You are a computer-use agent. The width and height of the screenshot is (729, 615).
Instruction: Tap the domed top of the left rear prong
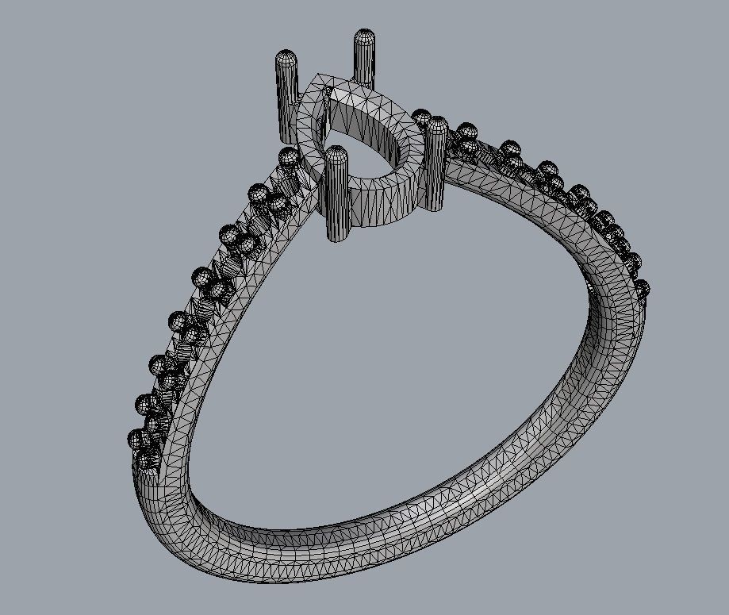(x=286, y=58)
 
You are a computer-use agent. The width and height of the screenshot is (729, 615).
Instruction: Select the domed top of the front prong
(x=336, y=153)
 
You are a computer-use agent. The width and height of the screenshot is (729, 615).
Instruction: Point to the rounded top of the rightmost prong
(x=437, y=124)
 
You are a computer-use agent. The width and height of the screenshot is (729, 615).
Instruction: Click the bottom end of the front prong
(x=338, y=236)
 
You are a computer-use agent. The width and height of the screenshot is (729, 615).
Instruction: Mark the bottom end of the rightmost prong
(x=435, y=208)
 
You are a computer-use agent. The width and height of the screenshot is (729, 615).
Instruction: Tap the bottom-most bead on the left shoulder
(x=146, y=459)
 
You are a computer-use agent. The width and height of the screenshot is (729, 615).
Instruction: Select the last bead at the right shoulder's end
(x=641, y=289)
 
